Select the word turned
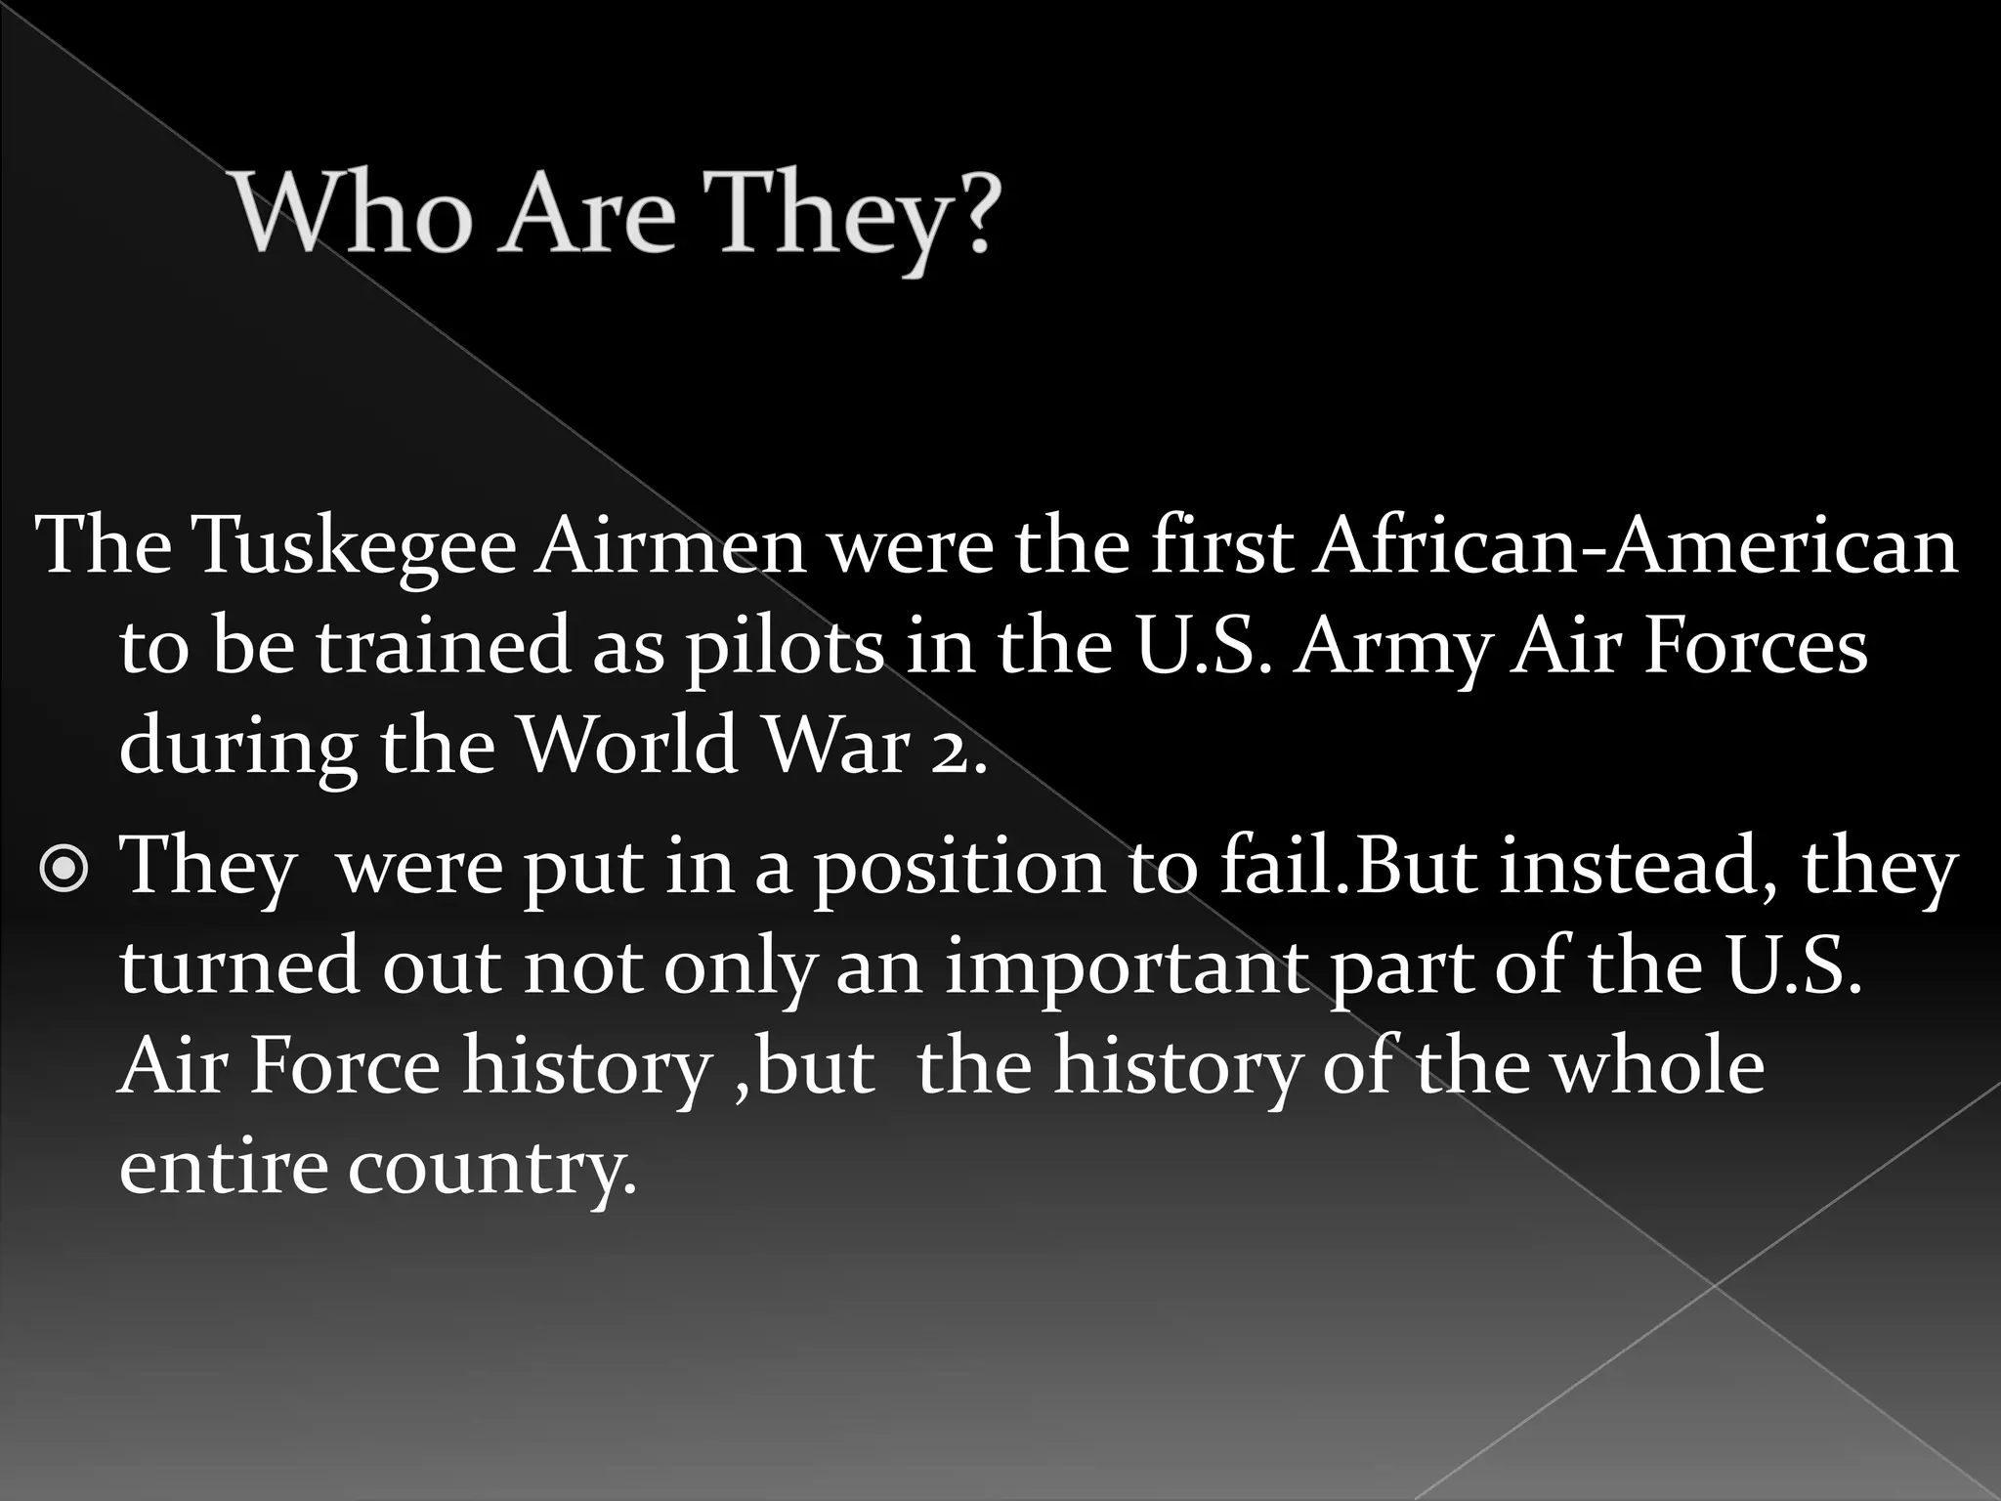tap(239, 965)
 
